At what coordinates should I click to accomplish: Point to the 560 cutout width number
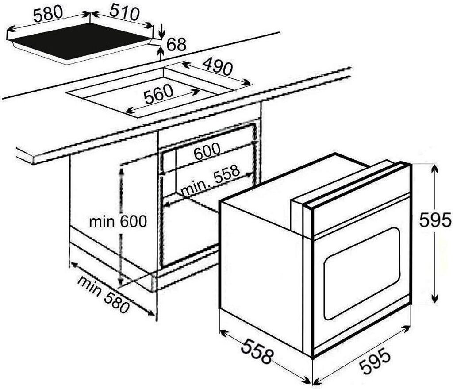click(158, 93)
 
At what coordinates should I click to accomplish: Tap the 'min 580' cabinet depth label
click(103, 294)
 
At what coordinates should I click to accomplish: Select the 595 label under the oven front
click(375, 361)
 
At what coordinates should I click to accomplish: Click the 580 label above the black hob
click(49, 13)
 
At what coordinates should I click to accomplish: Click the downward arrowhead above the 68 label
click(161, 34)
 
